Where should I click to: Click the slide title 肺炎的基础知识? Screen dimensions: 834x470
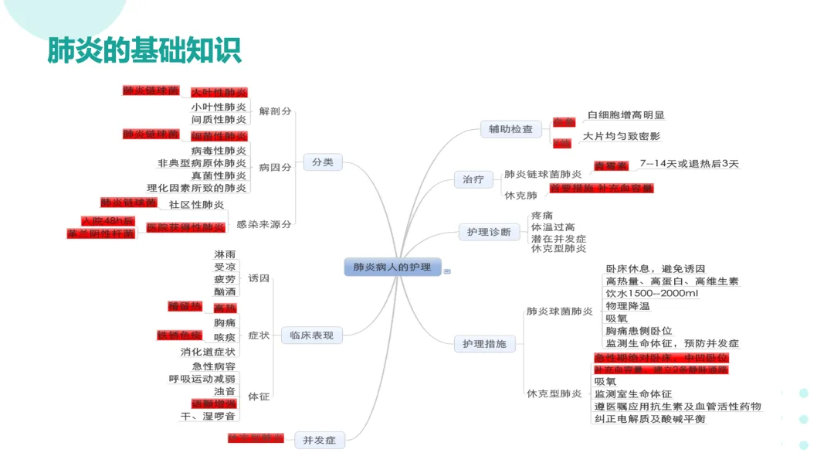click(144, 50)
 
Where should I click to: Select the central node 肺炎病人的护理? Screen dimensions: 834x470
click(392, 267)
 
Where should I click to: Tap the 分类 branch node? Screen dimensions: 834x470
click(323, 162)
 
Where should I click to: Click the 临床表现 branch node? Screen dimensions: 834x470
click(311, 335)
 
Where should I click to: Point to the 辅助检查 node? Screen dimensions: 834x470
click(510, 129)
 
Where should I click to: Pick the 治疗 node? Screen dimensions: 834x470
click(473, 179)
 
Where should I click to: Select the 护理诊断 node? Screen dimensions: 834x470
click(489, 231)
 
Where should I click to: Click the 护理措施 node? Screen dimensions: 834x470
click(484, 343)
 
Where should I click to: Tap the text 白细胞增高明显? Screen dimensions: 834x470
click(626, 115)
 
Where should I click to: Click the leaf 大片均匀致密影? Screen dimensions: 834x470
click(622, 136)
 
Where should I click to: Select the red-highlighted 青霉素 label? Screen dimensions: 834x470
click(610, 165)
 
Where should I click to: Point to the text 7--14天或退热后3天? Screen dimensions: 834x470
click(689, 164)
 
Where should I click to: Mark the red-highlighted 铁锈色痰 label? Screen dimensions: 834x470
click(179, 335)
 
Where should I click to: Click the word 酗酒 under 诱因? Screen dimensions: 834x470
click(225, 291)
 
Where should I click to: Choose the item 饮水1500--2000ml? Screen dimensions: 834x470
click(652, 294)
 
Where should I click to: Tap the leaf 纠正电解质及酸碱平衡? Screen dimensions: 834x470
click(650, 419)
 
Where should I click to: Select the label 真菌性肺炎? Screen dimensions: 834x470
click(219, 175)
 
